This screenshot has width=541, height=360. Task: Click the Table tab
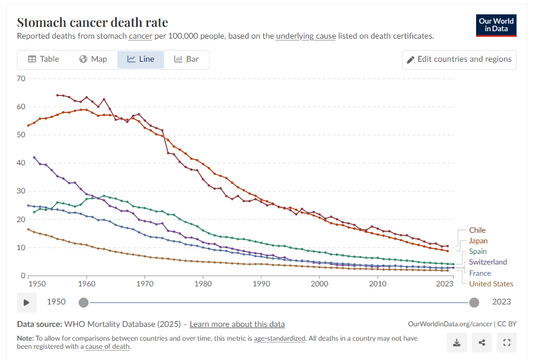43,59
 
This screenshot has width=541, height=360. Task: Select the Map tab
93,59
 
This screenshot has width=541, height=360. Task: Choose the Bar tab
186,59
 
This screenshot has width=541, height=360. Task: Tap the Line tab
140,59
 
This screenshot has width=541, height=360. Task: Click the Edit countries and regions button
459,59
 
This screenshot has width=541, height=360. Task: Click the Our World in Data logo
496,26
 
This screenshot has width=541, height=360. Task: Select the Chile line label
477,230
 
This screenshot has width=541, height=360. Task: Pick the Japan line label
478,241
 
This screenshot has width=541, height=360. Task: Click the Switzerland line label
488,262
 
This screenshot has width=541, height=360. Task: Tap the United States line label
491,284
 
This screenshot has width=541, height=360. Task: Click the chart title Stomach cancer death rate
92,22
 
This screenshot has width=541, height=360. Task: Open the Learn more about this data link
237,324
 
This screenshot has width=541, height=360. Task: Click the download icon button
457,342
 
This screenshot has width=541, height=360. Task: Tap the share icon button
482,342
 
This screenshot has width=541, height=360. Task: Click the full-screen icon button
507,342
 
